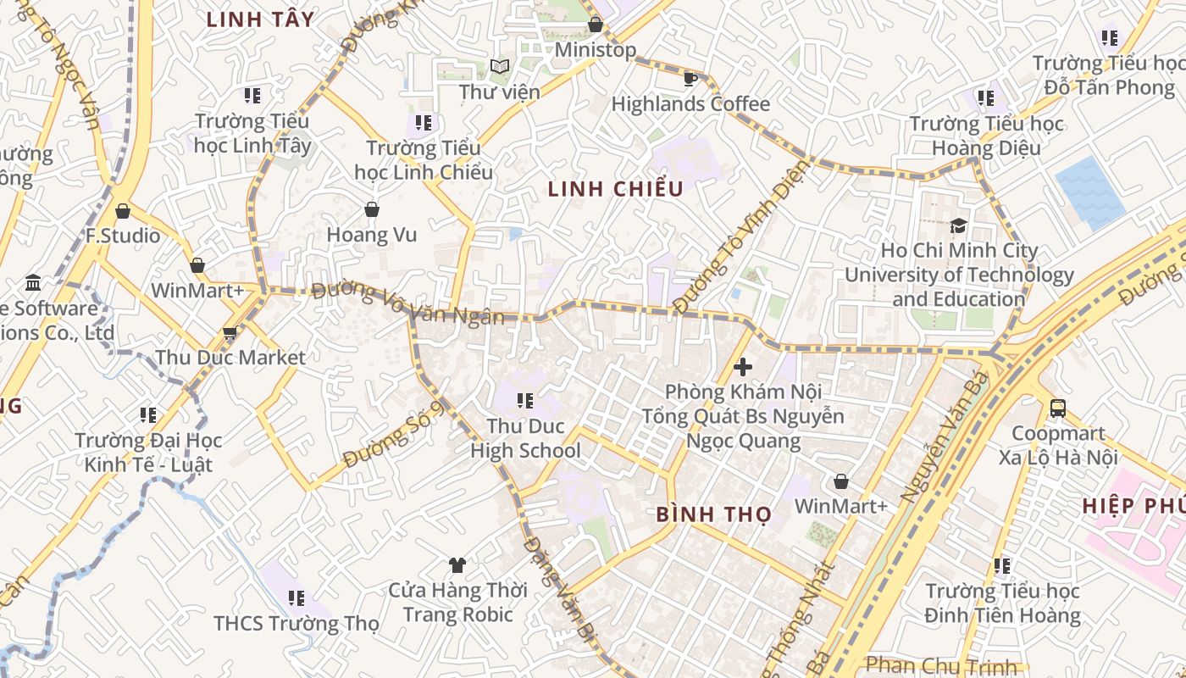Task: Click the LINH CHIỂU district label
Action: [x=615, y=189]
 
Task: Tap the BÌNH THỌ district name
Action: [x=713, y=514]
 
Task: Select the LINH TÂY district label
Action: [x=260, y=19]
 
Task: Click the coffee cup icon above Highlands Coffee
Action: [x=690, y=79]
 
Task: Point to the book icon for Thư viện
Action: [x=500, y=66]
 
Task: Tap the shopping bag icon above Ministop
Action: [x=596, y=25]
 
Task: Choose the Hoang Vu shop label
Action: [x=372, y=235]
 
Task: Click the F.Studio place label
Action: [x=123, y=235]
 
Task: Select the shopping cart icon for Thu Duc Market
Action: [x=230, y=333]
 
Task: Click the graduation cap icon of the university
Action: [x=958, y=225]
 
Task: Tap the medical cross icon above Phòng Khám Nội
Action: [x=743, y=367]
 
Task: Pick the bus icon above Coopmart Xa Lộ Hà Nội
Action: [x=1058, y=408]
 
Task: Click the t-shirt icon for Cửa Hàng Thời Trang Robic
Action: [x=457, y=564]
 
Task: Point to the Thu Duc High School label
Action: [x=525, y=438]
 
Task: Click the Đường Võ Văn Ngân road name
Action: [x=407, y=303]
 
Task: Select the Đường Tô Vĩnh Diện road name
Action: [x=740, y=236]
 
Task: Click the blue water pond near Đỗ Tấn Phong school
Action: [x=1090, y=192]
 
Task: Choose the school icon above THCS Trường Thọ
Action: [x=296, y=598]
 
